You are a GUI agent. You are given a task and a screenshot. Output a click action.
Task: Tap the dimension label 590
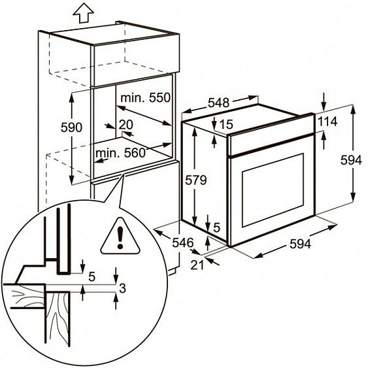(71, 127)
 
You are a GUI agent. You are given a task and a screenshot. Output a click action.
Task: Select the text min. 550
(145, 97)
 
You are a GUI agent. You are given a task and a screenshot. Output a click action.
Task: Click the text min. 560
(121, 153)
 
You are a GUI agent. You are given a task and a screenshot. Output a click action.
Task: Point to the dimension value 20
(125, 125)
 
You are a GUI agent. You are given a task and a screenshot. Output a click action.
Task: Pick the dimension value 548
(219, 103)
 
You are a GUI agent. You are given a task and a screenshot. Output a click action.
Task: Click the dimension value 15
(226, 124)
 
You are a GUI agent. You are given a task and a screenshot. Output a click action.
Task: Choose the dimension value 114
(327, 122)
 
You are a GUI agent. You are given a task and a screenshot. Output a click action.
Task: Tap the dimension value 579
(196, 180)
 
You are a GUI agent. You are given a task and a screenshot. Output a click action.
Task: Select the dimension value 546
(183, 243)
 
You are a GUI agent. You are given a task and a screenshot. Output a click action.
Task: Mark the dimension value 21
(197, 265)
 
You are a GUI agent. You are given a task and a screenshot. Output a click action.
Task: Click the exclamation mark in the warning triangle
(120, 237)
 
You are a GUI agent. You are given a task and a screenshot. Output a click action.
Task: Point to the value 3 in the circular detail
(122, 288)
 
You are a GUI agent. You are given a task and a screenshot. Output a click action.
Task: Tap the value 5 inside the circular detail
(92, 276)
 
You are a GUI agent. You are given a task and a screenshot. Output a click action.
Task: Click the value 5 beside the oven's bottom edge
(216, 227)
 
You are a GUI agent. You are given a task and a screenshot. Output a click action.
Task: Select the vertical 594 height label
(352, 161)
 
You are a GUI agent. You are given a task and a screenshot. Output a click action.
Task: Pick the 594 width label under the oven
(301, 244)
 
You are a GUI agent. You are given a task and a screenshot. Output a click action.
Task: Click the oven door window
(273, 190)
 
